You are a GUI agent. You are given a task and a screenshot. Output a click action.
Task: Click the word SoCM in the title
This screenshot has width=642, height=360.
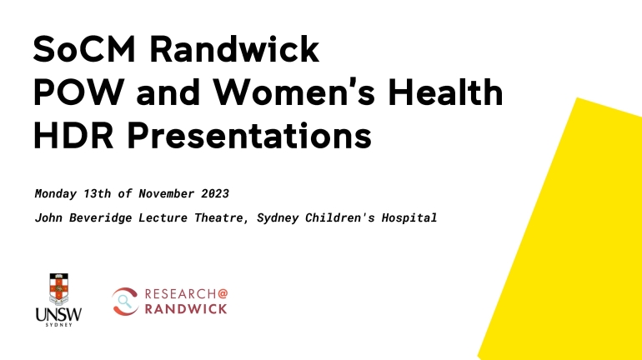pos(84,49)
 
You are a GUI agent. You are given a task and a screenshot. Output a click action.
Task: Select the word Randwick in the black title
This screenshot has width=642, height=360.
pos(233,48)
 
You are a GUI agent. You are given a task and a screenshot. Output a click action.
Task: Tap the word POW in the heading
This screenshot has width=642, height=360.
pos(78,92)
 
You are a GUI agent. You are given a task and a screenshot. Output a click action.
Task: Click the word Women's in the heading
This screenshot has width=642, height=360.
pos(294,92)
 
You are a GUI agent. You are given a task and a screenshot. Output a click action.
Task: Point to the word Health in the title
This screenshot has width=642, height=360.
pos(445,92)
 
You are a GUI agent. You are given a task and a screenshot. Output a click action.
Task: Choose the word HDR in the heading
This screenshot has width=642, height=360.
pos(73,135)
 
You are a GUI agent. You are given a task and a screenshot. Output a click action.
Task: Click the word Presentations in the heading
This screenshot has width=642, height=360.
pos(249,135)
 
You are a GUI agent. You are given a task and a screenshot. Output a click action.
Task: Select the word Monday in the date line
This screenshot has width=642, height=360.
pos(56,194)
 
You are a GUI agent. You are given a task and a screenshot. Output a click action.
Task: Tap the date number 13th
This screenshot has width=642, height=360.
pos(97,193)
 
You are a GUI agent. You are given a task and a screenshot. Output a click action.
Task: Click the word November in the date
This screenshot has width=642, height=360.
pos(166,193)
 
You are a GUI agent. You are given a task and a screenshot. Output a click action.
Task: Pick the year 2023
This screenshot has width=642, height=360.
pos(215,193)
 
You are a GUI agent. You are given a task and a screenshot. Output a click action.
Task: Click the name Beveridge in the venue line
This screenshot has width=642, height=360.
pos(100,217)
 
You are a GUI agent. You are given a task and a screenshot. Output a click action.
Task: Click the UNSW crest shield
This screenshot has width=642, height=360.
pos(59,288)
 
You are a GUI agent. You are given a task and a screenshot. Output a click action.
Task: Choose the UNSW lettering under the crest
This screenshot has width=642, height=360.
pos(58,314)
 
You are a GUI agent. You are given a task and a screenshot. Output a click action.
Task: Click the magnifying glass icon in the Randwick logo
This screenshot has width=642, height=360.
pos(124,302)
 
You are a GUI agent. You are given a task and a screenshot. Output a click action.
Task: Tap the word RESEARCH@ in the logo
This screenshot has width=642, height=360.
pos(186,293)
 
